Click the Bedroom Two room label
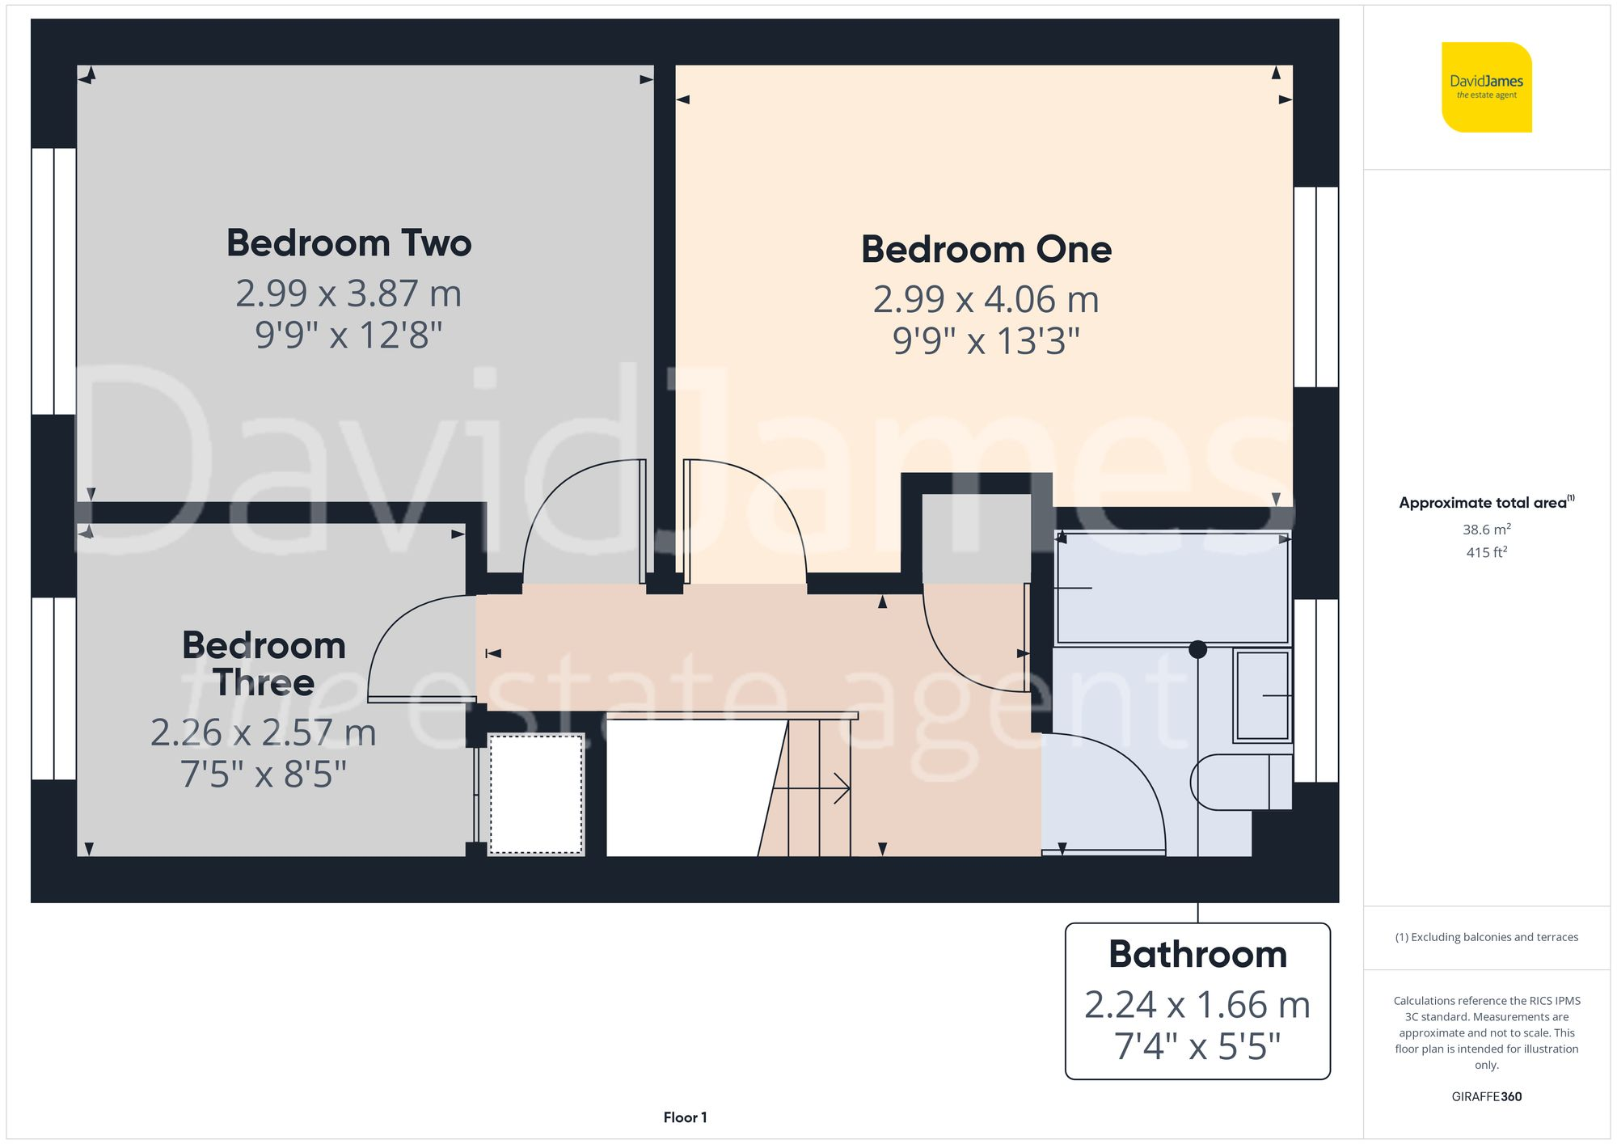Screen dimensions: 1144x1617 (x=348, y=243)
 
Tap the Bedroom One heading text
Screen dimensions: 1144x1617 (x=986, y=249)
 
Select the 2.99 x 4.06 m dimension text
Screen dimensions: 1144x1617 (x=986, y=299)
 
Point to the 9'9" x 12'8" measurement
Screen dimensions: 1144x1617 (x=348, y=335)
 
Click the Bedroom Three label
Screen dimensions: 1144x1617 (x=264, y=664)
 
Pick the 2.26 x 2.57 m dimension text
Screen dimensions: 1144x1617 (x=264, y=732)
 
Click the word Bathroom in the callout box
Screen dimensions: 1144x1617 (x=1197, y=954)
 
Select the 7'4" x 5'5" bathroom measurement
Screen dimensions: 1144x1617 (x=1197, y=1046)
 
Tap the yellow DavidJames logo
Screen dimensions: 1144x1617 (x=1486, y=87)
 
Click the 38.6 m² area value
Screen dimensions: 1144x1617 (x=1486, y=530)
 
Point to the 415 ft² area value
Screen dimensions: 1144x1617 (x=1486, y=553)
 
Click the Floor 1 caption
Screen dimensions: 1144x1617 (x=685, y=1117)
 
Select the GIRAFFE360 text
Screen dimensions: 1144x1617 (x=1486, y=1097)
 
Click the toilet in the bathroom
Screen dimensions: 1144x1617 (x=1237, y=782)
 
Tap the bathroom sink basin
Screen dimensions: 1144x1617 (x=1262, y=695)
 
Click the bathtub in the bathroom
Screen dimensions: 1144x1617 (x=1172, y=588)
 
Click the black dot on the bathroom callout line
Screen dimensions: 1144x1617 (x=1197, y=649)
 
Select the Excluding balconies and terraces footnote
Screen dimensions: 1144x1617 (x=1486, y=937)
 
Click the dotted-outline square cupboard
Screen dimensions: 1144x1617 (x=536, y=793)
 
